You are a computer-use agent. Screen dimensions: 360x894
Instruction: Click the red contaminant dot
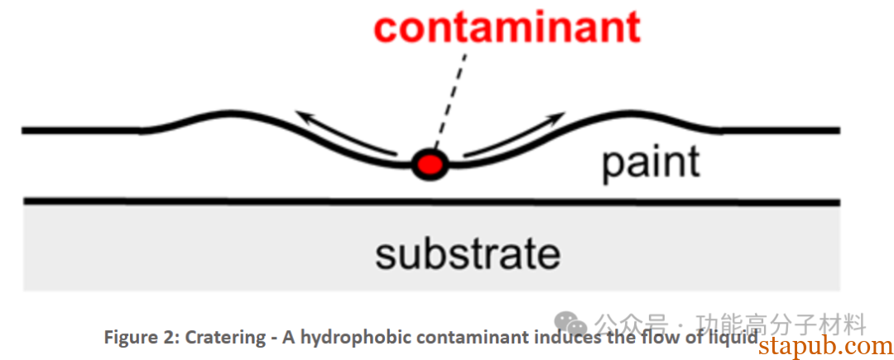430,164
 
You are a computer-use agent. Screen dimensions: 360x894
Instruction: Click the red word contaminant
507,26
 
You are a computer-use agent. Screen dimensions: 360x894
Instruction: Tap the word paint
651,162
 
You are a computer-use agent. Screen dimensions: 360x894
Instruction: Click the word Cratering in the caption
220,338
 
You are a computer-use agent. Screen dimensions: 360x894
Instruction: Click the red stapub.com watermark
824,347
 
